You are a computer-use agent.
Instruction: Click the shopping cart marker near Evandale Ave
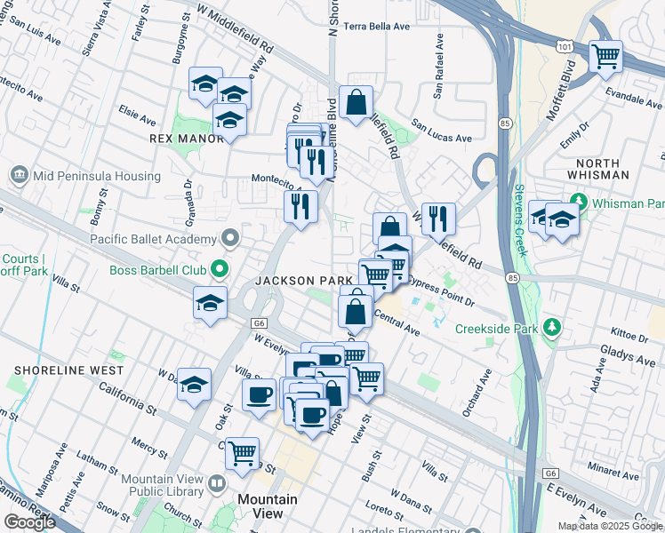605,57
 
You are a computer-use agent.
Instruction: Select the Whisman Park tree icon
580,200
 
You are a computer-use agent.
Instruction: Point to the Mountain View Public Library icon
217,485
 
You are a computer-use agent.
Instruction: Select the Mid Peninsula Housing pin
18,176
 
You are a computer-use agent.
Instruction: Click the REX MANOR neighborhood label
187,139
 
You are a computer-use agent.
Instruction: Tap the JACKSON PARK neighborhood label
305,281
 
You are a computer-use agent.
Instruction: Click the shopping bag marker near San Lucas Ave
356,103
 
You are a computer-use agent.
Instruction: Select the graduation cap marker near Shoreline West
195,385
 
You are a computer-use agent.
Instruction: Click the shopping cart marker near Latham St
242,452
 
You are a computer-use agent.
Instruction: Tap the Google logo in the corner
29,522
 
